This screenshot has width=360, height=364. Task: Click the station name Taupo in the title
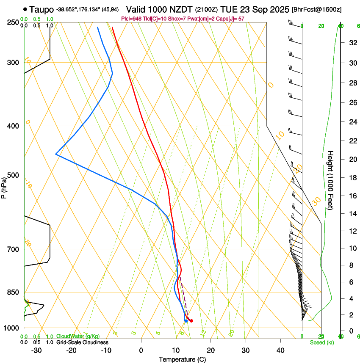[x=42, y=9]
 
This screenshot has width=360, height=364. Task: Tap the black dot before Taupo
[x=26, y=9]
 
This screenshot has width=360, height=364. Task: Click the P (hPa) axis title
[x=4, y=186]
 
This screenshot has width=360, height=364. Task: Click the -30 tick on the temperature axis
[x=36, y=350]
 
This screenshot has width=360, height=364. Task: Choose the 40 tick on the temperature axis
[x=280, y=350]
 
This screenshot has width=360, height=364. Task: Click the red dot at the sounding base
[x=191, y=321]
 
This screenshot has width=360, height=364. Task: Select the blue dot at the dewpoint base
[x=186, y=321]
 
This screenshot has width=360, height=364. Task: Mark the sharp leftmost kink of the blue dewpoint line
[x=56, y=154]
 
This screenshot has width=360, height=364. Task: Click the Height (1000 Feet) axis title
[x=331, y=180]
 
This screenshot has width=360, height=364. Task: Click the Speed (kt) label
[x=321, y=342]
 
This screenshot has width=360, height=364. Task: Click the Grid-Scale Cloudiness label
[x=82, y=342]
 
